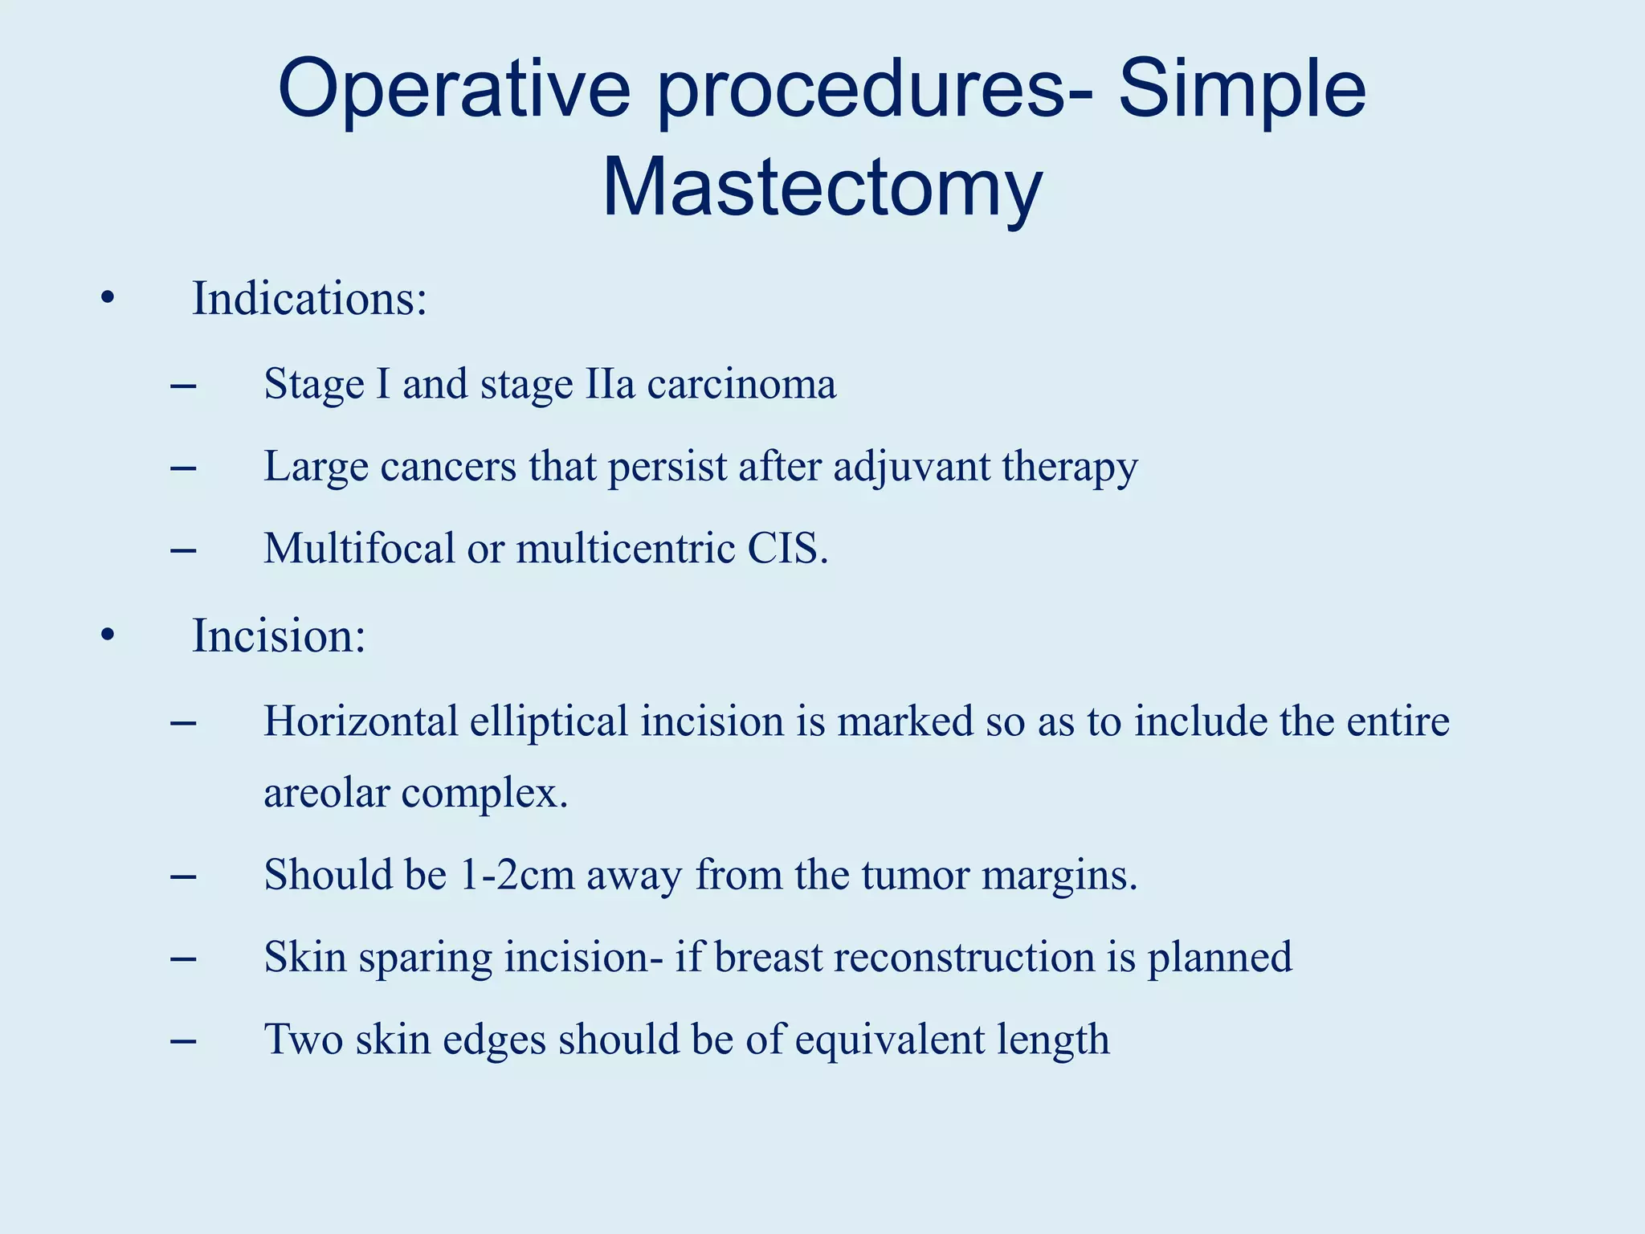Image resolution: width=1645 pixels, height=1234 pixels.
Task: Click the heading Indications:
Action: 309,299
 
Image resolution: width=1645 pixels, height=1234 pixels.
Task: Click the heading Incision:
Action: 279,636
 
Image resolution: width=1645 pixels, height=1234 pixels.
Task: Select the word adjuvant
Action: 912,467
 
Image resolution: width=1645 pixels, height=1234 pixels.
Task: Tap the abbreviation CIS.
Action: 787,549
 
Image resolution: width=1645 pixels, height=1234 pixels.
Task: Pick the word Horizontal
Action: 361,721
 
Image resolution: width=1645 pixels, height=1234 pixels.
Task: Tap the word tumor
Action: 916,875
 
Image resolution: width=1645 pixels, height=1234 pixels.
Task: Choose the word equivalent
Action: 889,1040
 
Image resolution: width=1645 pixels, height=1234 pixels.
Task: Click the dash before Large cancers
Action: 183,468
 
